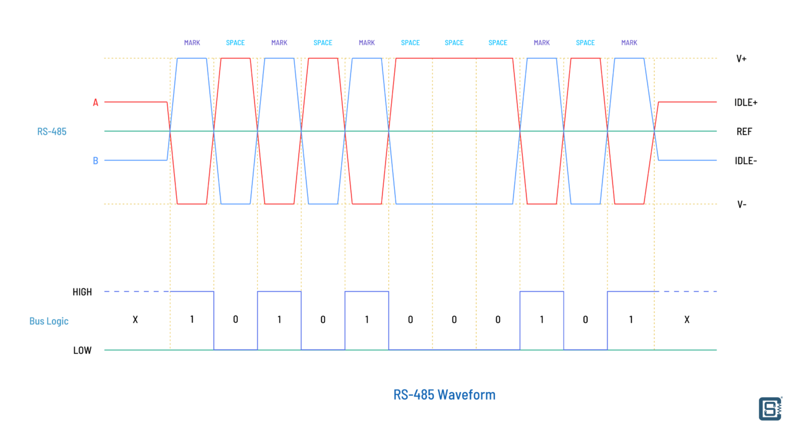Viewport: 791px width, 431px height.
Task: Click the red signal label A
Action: [x=95, y=103]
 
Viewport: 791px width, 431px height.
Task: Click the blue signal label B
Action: [x=95, y=161]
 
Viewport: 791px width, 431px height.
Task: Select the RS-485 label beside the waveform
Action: [x=51, y=132]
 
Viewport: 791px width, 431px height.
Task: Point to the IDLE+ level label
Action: [x=746, y=103]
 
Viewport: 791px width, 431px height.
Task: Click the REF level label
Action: [x=744, y=132]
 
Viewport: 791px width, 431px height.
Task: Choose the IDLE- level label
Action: [x=746, y=161]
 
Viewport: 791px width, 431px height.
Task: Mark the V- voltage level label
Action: [x=742, y=204]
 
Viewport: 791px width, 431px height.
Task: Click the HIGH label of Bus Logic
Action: [x=82, y=292]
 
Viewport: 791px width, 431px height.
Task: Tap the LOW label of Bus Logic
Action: [x=82, y=350]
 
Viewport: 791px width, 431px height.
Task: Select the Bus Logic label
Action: [x=49, y=321]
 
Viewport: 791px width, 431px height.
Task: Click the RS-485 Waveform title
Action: [x=444, y=395]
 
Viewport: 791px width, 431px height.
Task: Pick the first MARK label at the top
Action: [x=192, y=43]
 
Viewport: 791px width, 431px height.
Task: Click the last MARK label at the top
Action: [x=629, y=43]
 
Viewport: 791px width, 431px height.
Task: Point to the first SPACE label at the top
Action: [x=235, y=43]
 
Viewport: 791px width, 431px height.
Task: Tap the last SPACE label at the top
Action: [x=585, y=43]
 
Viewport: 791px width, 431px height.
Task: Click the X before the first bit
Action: [x=135, y=320]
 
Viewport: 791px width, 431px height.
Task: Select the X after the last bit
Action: [x=687, y=320]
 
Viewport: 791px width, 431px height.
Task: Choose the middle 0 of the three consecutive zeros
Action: [x=454, y=320]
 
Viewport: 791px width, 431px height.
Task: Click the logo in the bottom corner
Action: [x=771, y=409]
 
